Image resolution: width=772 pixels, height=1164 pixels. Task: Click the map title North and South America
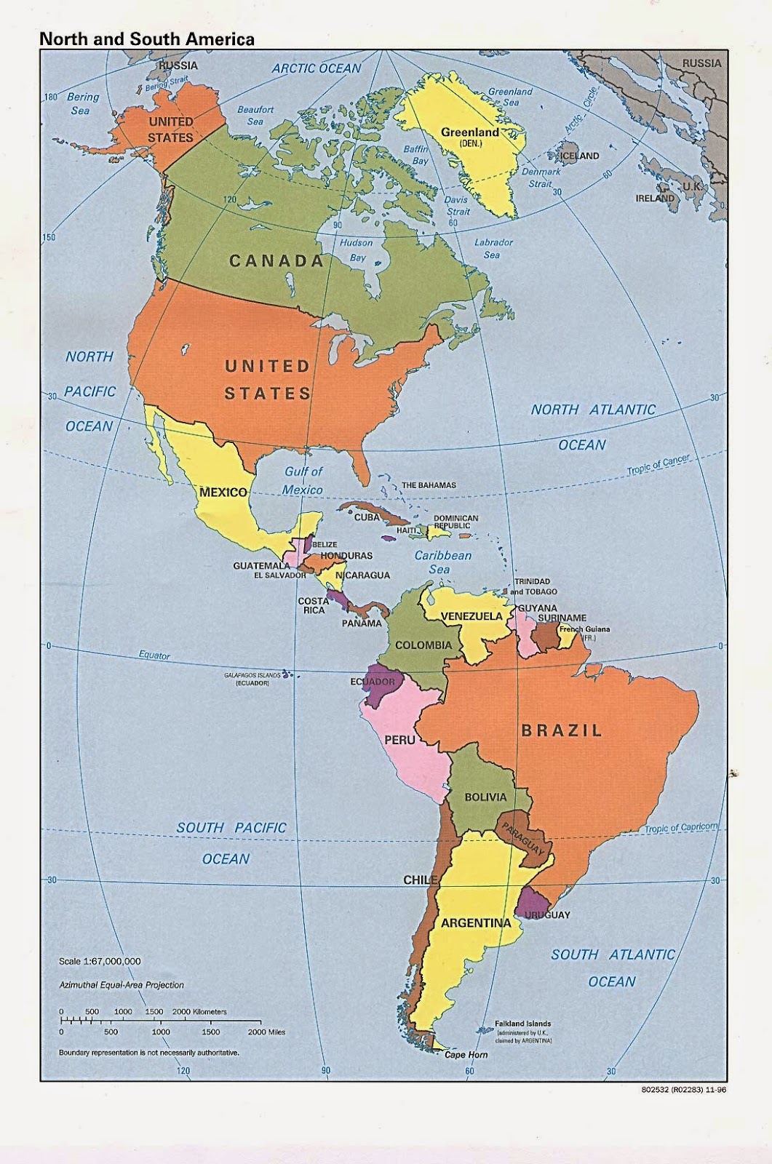tap(147, 39)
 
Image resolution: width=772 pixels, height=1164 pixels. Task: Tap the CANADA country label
tap(276, 261)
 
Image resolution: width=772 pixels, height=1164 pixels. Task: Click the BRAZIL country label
tap(562, 730)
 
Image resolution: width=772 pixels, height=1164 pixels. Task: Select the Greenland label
tap(470, 132)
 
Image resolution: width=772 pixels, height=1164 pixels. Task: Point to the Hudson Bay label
tap(357, 250)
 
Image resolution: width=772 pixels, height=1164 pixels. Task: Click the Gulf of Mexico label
tap(303, 480)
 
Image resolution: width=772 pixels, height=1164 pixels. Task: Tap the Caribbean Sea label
tap(442, 562)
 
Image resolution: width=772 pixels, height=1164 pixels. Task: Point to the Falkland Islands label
tap(522, 1024)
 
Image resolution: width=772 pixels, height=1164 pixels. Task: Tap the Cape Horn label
tap(466, 1055)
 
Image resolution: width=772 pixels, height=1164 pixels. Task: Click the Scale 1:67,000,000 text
tap(100, 961)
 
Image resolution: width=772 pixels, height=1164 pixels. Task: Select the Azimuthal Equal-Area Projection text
tap(121, 985)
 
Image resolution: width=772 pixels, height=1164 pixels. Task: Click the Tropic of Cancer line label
tap(658, 466)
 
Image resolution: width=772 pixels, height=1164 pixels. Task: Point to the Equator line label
tap(154, 655)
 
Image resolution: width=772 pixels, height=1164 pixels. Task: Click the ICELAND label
tap(579, 156)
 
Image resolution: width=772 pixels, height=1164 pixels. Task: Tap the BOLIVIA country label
tap(485, 797)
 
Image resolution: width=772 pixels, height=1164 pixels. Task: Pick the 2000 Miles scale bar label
tap(266, 1032)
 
